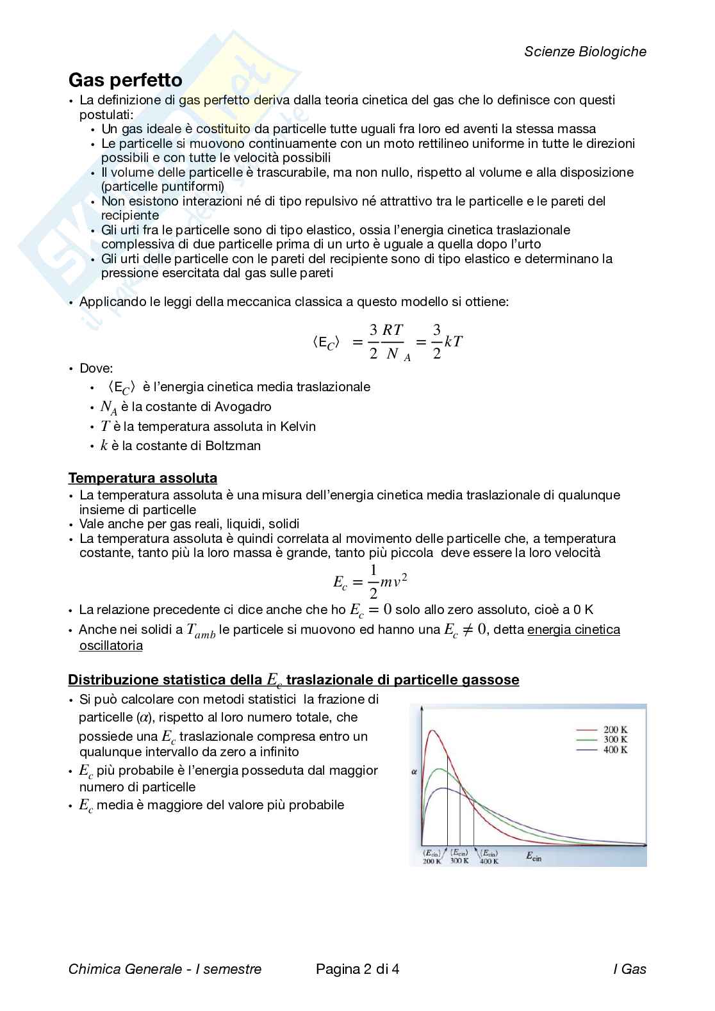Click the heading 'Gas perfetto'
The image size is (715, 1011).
click(125, 81)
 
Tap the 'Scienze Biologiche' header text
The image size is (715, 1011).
click(585, 52)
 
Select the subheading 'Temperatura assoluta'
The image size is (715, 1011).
click(142, 478)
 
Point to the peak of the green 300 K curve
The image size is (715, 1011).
click(440, 769)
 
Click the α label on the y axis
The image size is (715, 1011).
click(414, 772)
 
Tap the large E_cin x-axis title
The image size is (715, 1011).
click(533, 855)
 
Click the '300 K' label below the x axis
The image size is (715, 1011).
click(459, 861)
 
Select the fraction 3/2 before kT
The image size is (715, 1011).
click(436, 341)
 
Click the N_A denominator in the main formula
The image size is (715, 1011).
click(397, 354)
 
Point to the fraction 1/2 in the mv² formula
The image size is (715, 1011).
click(374, 581)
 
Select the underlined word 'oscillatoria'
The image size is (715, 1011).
click(111, 645)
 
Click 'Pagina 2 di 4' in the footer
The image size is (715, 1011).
click(357, 969)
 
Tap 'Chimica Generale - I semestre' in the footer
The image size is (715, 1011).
click(165, 969)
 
